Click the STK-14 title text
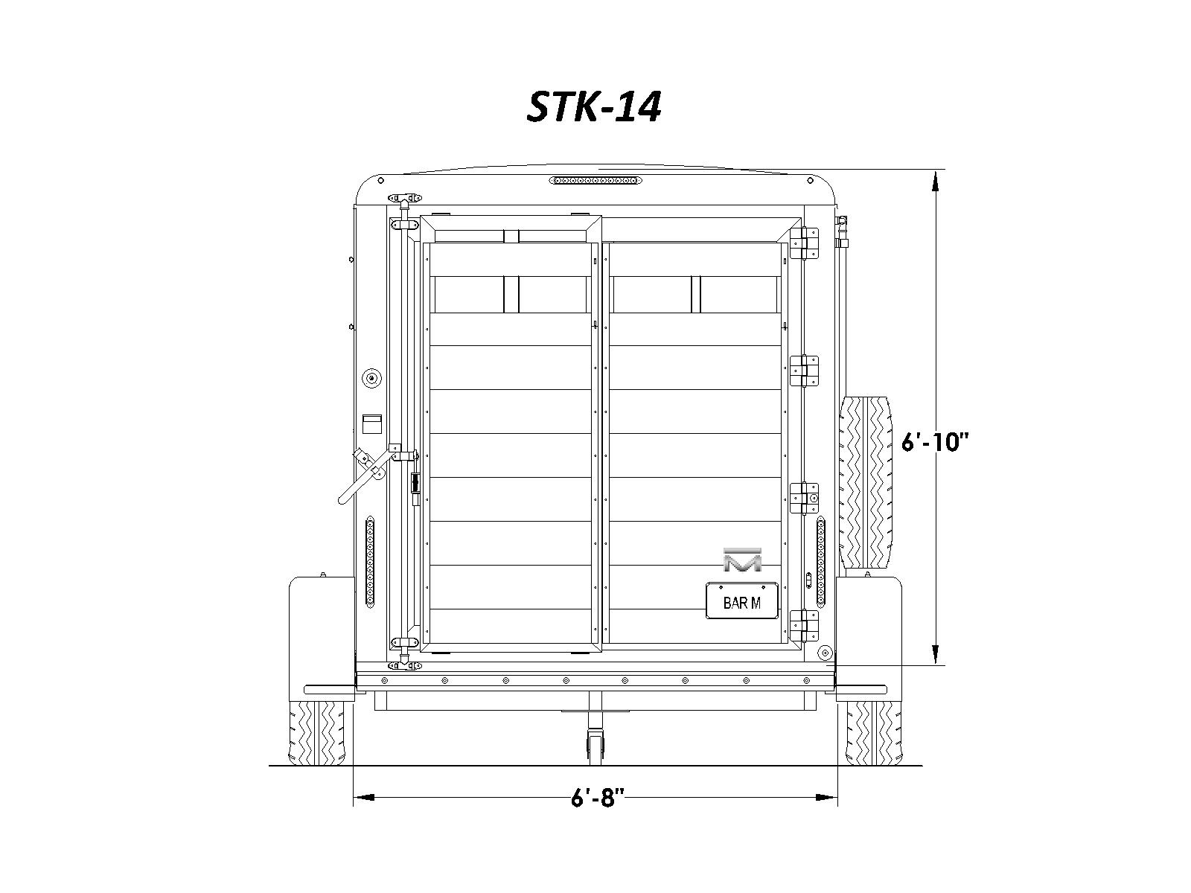[593, 107]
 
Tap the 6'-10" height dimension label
[934, 442]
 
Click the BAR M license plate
[741, 601]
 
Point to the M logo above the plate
[742, 560]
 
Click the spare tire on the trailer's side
[866, 482]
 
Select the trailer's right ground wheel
[873, 733]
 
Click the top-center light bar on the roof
[595, 180]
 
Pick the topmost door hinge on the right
[804, 243]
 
